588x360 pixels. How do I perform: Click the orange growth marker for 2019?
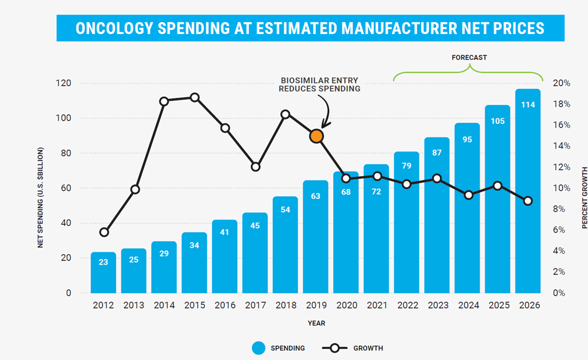coord(316,136)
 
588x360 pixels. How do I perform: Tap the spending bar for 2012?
coord(103,272)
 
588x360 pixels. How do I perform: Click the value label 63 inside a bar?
coord(316,196)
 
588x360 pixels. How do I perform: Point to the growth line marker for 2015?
coord(195,97)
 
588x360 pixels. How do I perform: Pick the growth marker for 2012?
coord(104,232)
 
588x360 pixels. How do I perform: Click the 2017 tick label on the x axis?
coord(255,306)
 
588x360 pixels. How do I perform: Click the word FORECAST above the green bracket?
coord(469,58)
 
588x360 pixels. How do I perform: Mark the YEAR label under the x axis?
coord(316,323)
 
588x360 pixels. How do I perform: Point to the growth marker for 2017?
coord(255,167)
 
